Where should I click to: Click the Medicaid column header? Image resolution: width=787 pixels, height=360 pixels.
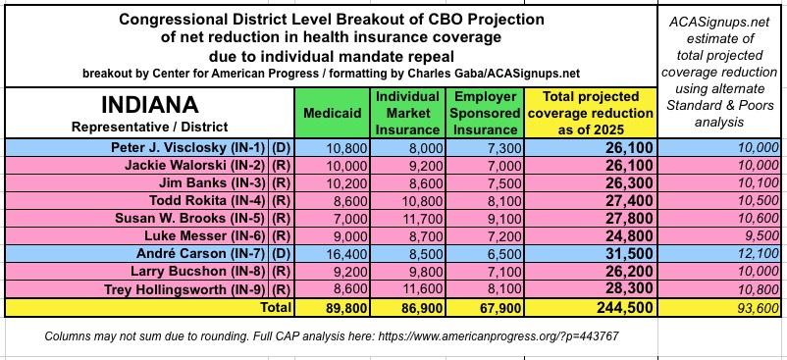coord(333,113)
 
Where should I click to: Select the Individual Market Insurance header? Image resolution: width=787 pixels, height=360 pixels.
coord(407,113)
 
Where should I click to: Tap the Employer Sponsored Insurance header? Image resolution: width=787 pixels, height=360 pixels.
coord(484,113)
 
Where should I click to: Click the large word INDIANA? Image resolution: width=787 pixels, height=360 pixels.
coord(149,105)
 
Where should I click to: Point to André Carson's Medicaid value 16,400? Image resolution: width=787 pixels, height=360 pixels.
coord(349,254)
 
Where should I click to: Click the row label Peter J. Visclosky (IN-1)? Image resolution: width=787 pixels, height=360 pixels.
coord(188,147)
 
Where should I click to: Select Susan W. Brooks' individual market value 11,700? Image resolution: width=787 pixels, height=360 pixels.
coord(425,219)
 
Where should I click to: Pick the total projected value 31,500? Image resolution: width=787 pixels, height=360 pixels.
coord(629,254)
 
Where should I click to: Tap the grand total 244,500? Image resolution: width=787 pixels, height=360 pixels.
coord(625,307)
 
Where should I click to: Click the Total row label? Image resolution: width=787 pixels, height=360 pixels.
coord(275,307)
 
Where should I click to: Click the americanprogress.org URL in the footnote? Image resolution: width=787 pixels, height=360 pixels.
coord(498,335)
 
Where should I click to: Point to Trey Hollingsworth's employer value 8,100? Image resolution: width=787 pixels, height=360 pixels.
coord(506,289)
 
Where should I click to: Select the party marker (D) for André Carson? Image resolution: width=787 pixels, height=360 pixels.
coord(281,254)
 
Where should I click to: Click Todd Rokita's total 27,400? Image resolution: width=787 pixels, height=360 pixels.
coord(629,201)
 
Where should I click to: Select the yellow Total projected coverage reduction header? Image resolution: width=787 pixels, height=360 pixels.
coord(591,113)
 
